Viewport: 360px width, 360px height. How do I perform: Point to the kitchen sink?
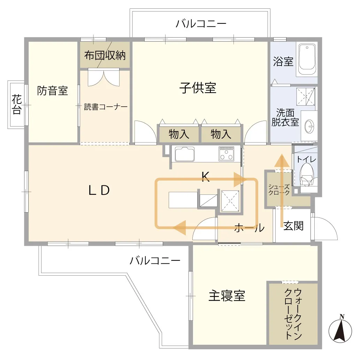pos(185,154)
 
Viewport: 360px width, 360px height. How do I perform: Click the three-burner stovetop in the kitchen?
pos(227,154)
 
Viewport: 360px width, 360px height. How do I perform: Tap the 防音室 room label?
pos(52,91)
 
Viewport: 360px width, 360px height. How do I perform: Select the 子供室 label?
pos(198,88)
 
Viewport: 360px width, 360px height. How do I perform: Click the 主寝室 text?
pos(227,296)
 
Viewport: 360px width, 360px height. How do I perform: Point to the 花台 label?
pos(16,104)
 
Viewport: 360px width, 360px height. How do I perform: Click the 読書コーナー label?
pos(106,107)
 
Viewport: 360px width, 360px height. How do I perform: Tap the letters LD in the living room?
pos(99,190)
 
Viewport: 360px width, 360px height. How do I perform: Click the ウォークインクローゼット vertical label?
pos(293,314)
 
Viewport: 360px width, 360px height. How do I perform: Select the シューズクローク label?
pos(279,190)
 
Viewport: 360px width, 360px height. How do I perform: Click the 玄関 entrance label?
pos(293,226)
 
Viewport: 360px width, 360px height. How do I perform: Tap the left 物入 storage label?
pos(179,134)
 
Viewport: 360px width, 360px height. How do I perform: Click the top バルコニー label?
pos(201,24)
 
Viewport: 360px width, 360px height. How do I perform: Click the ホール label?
pos(249,228)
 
